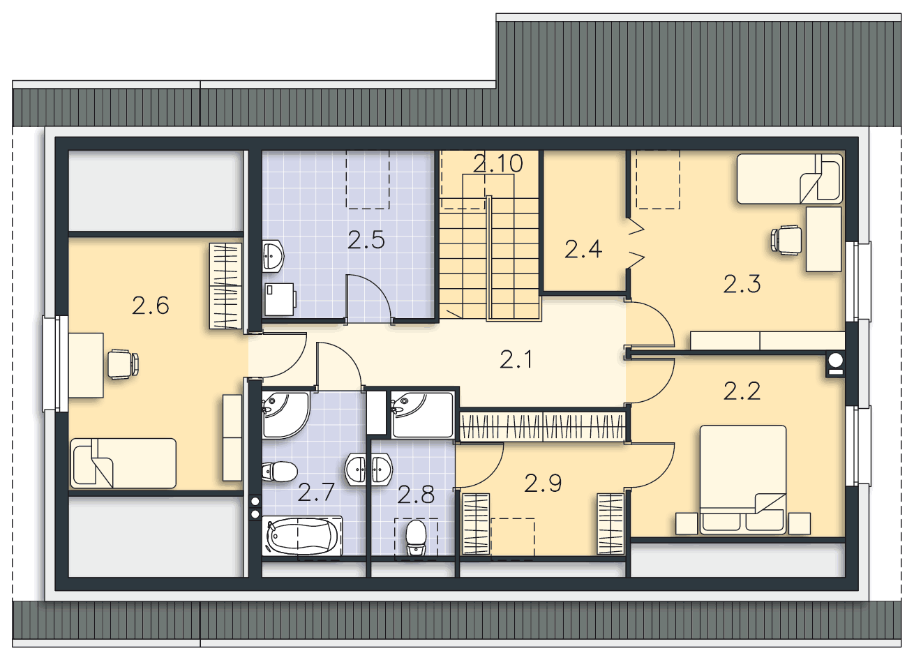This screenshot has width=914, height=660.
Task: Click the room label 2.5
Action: [366, 240]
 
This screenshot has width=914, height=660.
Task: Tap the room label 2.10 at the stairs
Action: [497, 163]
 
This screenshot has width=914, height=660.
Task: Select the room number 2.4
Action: [583, 249]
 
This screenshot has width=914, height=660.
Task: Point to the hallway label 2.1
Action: [516, 360]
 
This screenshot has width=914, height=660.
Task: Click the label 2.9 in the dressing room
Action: [543, 483]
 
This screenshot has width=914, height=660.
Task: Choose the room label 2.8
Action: [416, 495]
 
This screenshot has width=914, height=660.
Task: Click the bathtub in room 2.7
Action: [302, 535]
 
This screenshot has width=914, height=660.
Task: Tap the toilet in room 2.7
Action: [279, 472]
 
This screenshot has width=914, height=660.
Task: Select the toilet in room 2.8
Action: [417, 537]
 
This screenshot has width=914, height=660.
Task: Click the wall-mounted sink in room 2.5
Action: [273, 256]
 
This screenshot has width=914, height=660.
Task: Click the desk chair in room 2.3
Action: [786, 240]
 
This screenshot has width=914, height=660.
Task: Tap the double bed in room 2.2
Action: [743, 480]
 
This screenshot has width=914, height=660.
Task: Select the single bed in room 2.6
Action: [123, 463]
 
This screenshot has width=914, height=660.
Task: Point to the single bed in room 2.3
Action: [790, 179]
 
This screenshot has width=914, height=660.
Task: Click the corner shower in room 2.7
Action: [285, 415]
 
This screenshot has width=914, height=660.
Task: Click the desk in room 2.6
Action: [86, 365]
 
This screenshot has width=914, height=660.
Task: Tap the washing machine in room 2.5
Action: [280, 299]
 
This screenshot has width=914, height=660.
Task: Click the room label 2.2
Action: [742, 391]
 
